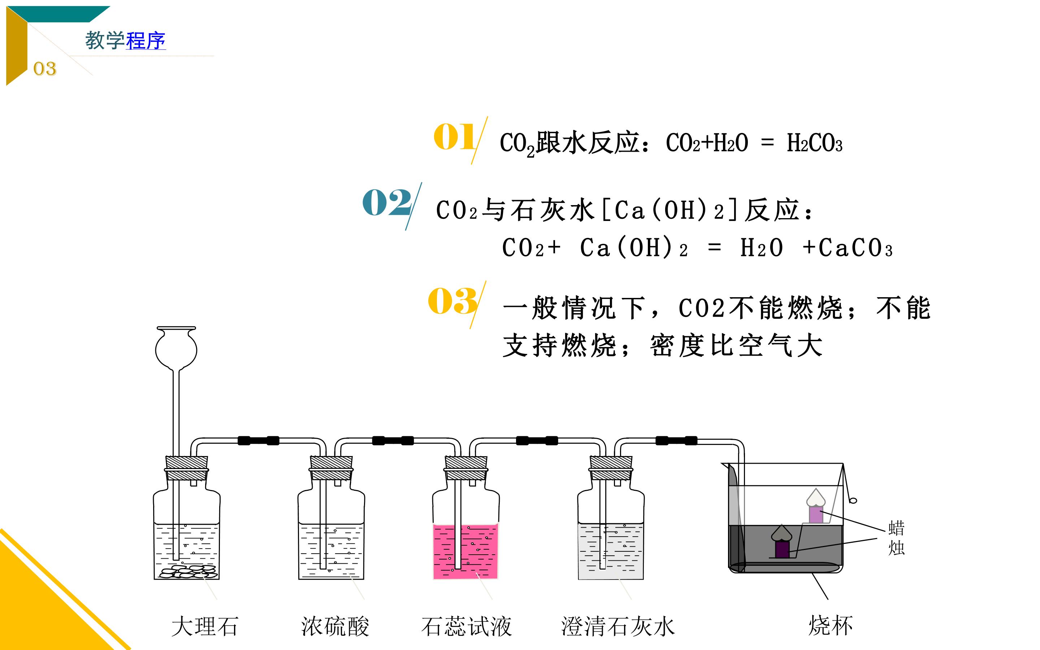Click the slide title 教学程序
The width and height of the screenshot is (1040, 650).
[125, 41]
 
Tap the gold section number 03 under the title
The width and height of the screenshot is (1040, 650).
[45, 69]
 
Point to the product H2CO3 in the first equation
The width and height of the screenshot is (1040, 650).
[814, 143]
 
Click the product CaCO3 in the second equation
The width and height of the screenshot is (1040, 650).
[855, 248]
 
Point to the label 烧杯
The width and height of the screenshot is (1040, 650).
[830, 625]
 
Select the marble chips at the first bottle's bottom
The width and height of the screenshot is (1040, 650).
[188, 572]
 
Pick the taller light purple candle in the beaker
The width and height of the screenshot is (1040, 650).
[816, 514]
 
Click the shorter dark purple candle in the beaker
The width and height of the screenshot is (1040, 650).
[782, 549]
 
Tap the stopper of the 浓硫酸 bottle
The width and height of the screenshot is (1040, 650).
[331, 468]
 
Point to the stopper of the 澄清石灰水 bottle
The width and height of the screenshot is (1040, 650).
[611, 468]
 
